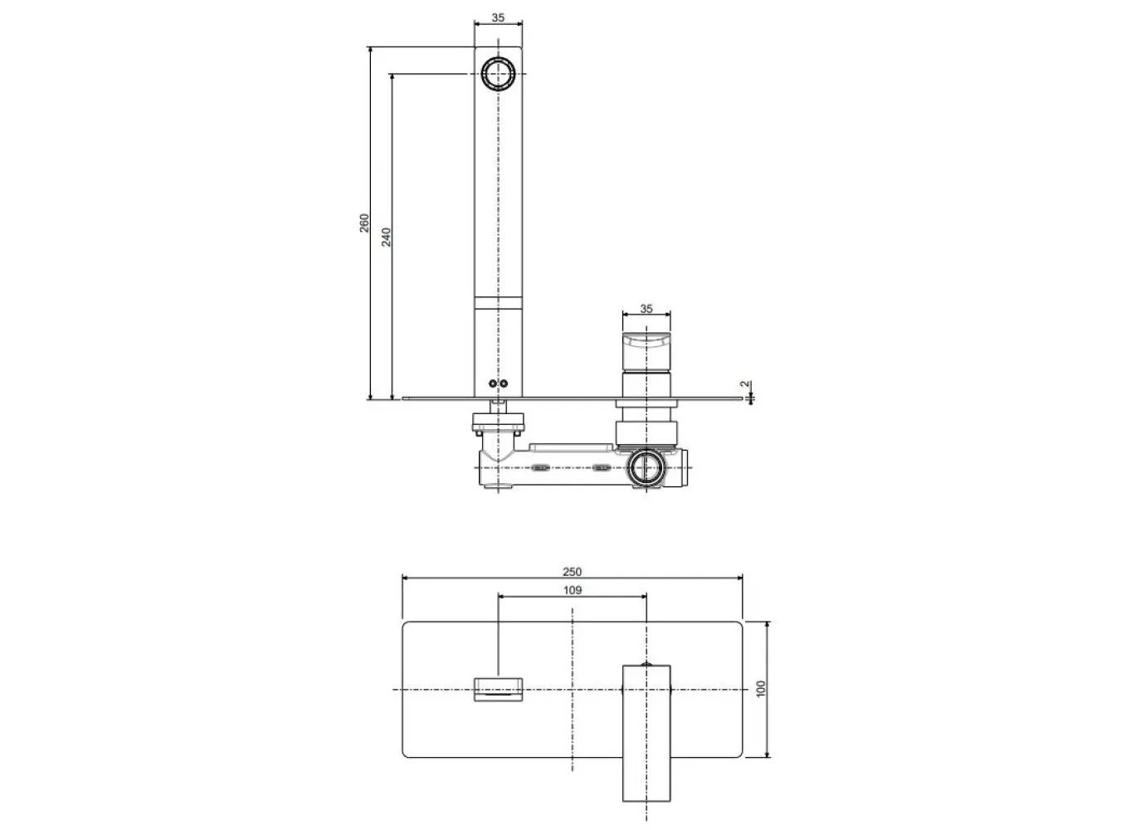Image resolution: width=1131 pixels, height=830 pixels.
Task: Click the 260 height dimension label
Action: click(x=364, y=222)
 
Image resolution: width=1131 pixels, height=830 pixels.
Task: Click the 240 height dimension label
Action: click(x=386, y=237)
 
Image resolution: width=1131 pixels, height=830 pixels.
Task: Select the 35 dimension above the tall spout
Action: click(x=498, y=17)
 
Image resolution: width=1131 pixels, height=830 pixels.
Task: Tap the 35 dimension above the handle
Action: click(x=646, y=309)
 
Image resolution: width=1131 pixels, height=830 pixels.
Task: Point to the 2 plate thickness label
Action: click(x=745, y=384)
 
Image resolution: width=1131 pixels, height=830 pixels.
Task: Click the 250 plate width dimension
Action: click(x=572, y=572)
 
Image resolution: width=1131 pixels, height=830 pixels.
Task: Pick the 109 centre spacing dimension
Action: click(x=572, y=590)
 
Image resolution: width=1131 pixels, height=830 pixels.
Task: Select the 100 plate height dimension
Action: click(x=761, y=689)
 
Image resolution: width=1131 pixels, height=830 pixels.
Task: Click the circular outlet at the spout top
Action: click(x=499, y=74)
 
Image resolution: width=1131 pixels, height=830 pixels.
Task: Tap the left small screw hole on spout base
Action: click(x=493, y=384)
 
